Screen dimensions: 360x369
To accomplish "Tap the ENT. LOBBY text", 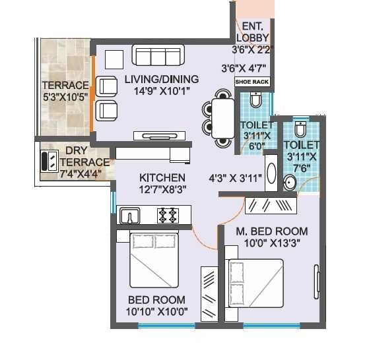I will point(253,32).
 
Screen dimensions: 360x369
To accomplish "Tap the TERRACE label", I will point(65,86).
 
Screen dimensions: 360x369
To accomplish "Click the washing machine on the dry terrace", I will point(50,161).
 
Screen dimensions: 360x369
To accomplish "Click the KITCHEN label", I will point(162,178).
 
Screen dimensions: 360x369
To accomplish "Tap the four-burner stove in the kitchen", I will point(168,214).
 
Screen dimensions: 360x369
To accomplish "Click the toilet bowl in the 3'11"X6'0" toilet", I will point(255,100).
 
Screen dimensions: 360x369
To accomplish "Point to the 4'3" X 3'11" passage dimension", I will point(235,178).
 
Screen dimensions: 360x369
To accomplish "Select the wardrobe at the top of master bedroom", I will point(271,205).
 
